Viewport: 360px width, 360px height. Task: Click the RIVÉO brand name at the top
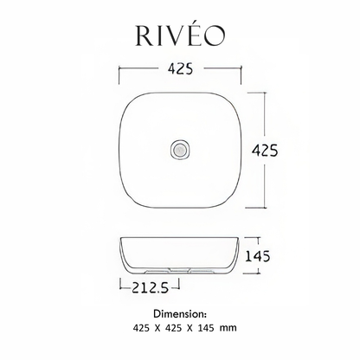coord(179,34)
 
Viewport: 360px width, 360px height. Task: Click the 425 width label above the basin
coord(178,67)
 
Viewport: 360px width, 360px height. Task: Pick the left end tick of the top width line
coord(118,67)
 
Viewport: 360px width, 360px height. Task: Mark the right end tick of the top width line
coord(241,67)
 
